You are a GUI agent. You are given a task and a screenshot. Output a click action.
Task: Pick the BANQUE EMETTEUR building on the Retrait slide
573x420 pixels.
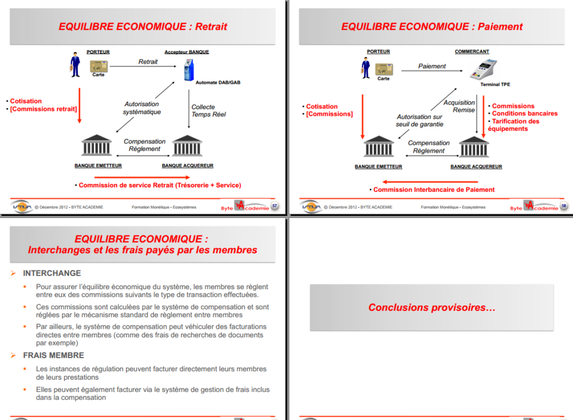tap(96, 146)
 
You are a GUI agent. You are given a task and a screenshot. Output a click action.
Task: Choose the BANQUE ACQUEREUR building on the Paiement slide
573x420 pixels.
tap(474, 147)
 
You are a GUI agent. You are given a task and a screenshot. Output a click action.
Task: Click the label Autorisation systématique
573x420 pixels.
tap(142, 108)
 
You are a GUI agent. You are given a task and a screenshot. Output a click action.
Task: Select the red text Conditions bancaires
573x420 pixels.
tap(524, 114)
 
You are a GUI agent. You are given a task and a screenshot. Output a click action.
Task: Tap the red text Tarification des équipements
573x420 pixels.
tap(513, 125)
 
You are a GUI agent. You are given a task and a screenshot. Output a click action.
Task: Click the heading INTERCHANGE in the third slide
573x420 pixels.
tap(51, 273)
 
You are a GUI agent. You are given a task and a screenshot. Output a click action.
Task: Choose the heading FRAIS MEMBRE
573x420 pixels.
tap(53, 355)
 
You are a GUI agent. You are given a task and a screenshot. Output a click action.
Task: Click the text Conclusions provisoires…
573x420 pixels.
tap(431, 308)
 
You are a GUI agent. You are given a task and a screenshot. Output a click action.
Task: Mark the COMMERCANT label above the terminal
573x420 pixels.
tap(472, 51)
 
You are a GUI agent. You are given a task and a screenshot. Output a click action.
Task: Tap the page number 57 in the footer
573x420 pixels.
tap(275, 206)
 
